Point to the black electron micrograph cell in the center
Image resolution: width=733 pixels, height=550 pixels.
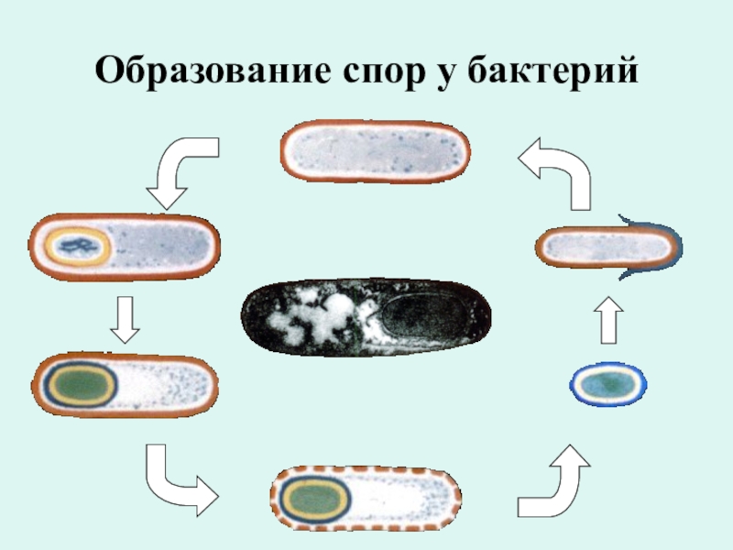click(366, 317)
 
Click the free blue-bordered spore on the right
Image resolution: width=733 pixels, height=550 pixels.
click(608, 384)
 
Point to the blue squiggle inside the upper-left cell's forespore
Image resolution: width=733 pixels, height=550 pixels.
click(79, 245)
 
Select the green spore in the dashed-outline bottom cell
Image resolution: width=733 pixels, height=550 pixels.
click(314, 500)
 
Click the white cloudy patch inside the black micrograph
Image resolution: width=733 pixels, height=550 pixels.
click(307, 317)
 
